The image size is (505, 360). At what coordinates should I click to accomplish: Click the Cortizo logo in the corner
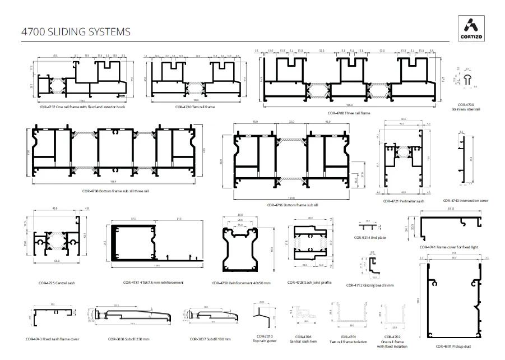472,27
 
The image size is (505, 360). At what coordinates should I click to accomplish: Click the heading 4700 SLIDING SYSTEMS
76,31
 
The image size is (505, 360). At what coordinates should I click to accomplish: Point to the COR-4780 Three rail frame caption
349,113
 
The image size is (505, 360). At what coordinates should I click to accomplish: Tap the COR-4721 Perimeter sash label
404,201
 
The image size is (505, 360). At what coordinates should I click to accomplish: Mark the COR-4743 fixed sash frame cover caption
53,339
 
